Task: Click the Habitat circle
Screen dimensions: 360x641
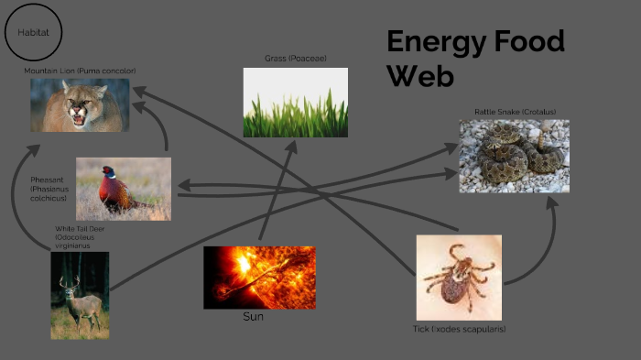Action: pos(34,33)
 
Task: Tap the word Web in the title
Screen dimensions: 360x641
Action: pos(420,76)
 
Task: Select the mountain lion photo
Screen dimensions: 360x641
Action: pos(80,105)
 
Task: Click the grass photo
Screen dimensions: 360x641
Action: pos(295,103)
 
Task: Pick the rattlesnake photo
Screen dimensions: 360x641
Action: pos(514,156)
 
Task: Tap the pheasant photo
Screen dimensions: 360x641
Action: pos(124,189)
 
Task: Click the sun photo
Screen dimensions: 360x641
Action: pos(259,277)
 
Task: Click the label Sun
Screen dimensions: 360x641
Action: pos(254,317)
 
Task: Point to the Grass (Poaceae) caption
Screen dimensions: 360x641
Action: pos(295,59)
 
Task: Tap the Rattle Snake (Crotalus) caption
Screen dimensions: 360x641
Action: pos(515,112)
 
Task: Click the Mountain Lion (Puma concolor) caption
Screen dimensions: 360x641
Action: pos(80,71)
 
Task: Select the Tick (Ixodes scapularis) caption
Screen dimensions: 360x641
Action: pos(459,329)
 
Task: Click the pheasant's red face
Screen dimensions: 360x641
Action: pos(109,172)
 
